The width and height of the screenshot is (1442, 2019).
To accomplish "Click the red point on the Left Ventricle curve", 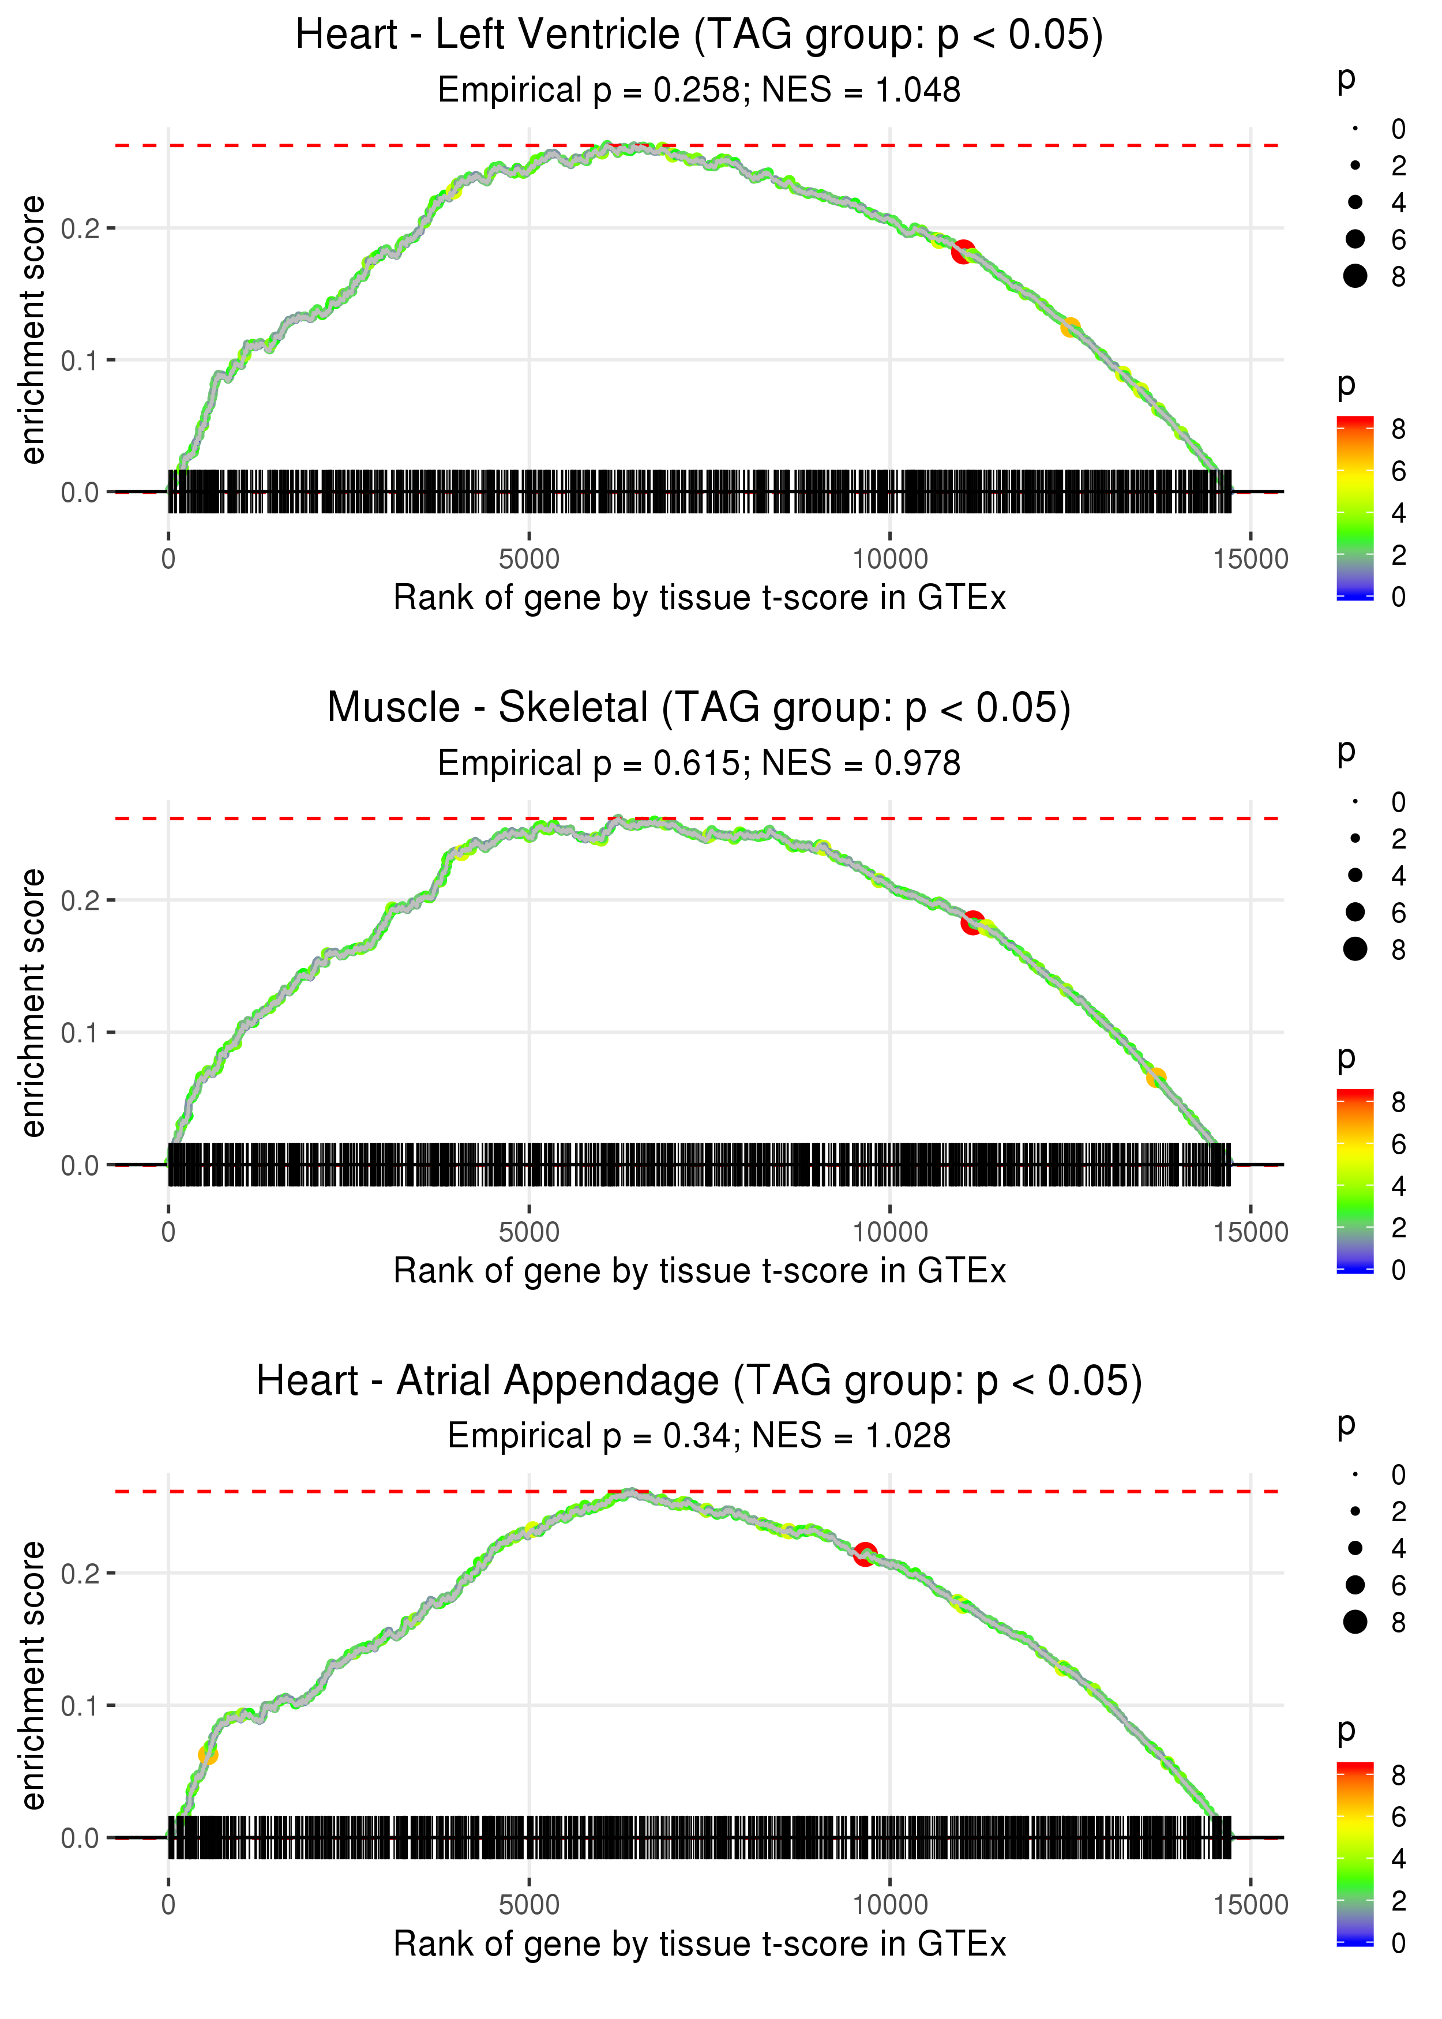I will click(x=963, y=252).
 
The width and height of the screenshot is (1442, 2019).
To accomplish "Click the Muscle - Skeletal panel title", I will click(x=699, y=708).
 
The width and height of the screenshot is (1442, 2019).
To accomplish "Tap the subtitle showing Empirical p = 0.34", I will click(x=699, y=1436).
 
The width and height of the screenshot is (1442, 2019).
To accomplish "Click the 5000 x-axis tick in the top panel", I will click(x=529, y=560).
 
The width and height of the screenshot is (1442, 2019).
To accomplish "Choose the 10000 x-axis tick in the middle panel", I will click(x=889, y=1232).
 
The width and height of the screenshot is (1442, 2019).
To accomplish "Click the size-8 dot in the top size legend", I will click(x=1355, y=276).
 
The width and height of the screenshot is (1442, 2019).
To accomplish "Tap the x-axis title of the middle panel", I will click(x=699, y=1271).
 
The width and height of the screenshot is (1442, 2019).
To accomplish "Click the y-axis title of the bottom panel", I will click(x=33, y=1675).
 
